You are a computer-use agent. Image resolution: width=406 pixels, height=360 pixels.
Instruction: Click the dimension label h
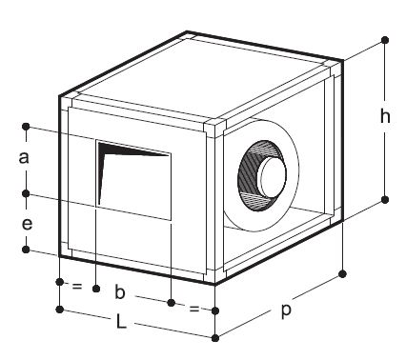(385, 116)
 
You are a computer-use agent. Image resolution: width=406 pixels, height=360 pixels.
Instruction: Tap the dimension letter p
(286, 310)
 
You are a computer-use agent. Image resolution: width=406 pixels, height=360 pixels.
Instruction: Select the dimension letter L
(121, 321)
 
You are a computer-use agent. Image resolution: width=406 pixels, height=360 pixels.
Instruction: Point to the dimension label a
(24, 158)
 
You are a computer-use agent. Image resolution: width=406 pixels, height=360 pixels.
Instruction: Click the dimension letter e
(27, 224)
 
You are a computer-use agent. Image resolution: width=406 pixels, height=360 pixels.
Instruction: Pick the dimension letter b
(119, 292)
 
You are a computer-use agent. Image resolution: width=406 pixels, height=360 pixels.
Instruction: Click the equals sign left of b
(77, 286)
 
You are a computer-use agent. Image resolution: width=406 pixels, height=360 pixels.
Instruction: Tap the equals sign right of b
(193, 308)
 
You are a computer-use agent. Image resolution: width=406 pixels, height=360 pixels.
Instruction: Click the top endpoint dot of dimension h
(385, 40)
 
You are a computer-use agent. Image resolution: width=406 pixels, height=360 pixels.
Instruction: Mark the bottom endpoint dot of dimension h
(385, 200)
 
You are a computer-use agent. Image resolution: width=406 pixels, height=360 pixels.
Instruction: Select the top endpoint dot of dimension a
(26, 127)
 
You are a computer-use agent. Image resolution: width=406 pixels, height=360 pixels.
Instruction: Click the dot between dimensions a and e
(26, 193)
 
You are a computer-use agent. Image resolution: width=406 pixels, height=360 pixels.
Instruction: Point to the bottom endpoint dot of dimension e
(26, 250)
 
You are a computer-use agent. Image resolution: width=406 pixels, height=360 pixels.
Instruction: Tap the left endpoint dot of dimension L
(59, 310)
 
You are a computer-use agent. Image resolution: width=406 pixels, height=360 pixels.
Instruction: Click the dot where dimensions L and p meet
(215, 338)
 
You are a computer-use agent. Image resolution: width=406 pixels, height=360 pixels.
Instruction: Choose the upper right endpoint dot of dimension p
(342, 274)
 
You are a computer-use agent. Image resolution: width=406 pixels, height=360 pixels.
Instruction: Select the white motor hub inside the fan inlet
(272, 175)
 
